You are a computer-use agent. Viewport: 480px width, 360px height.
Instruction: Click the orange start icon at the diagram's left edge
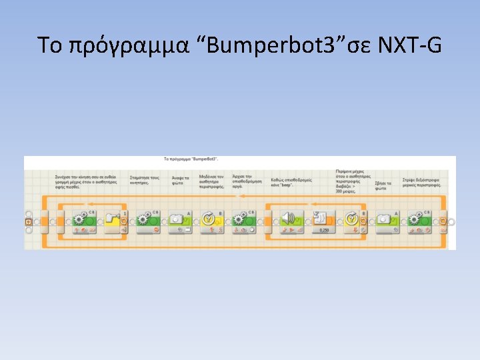tap(28, 221)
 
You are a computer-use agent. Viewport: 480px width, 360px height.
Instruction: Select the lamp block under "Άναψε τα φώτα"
tap(179, 221)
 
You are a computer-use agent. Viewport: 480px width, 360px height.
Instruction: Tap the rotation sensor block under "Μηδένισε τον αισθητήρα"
tap(211, 221)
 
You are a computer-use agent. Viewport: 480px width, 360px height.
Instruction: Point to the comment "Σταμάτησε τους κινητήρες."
tap(145, 178)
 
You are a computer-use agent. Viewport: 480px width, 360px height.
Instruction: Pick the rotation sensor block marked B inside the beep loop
tap(354, 221)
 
